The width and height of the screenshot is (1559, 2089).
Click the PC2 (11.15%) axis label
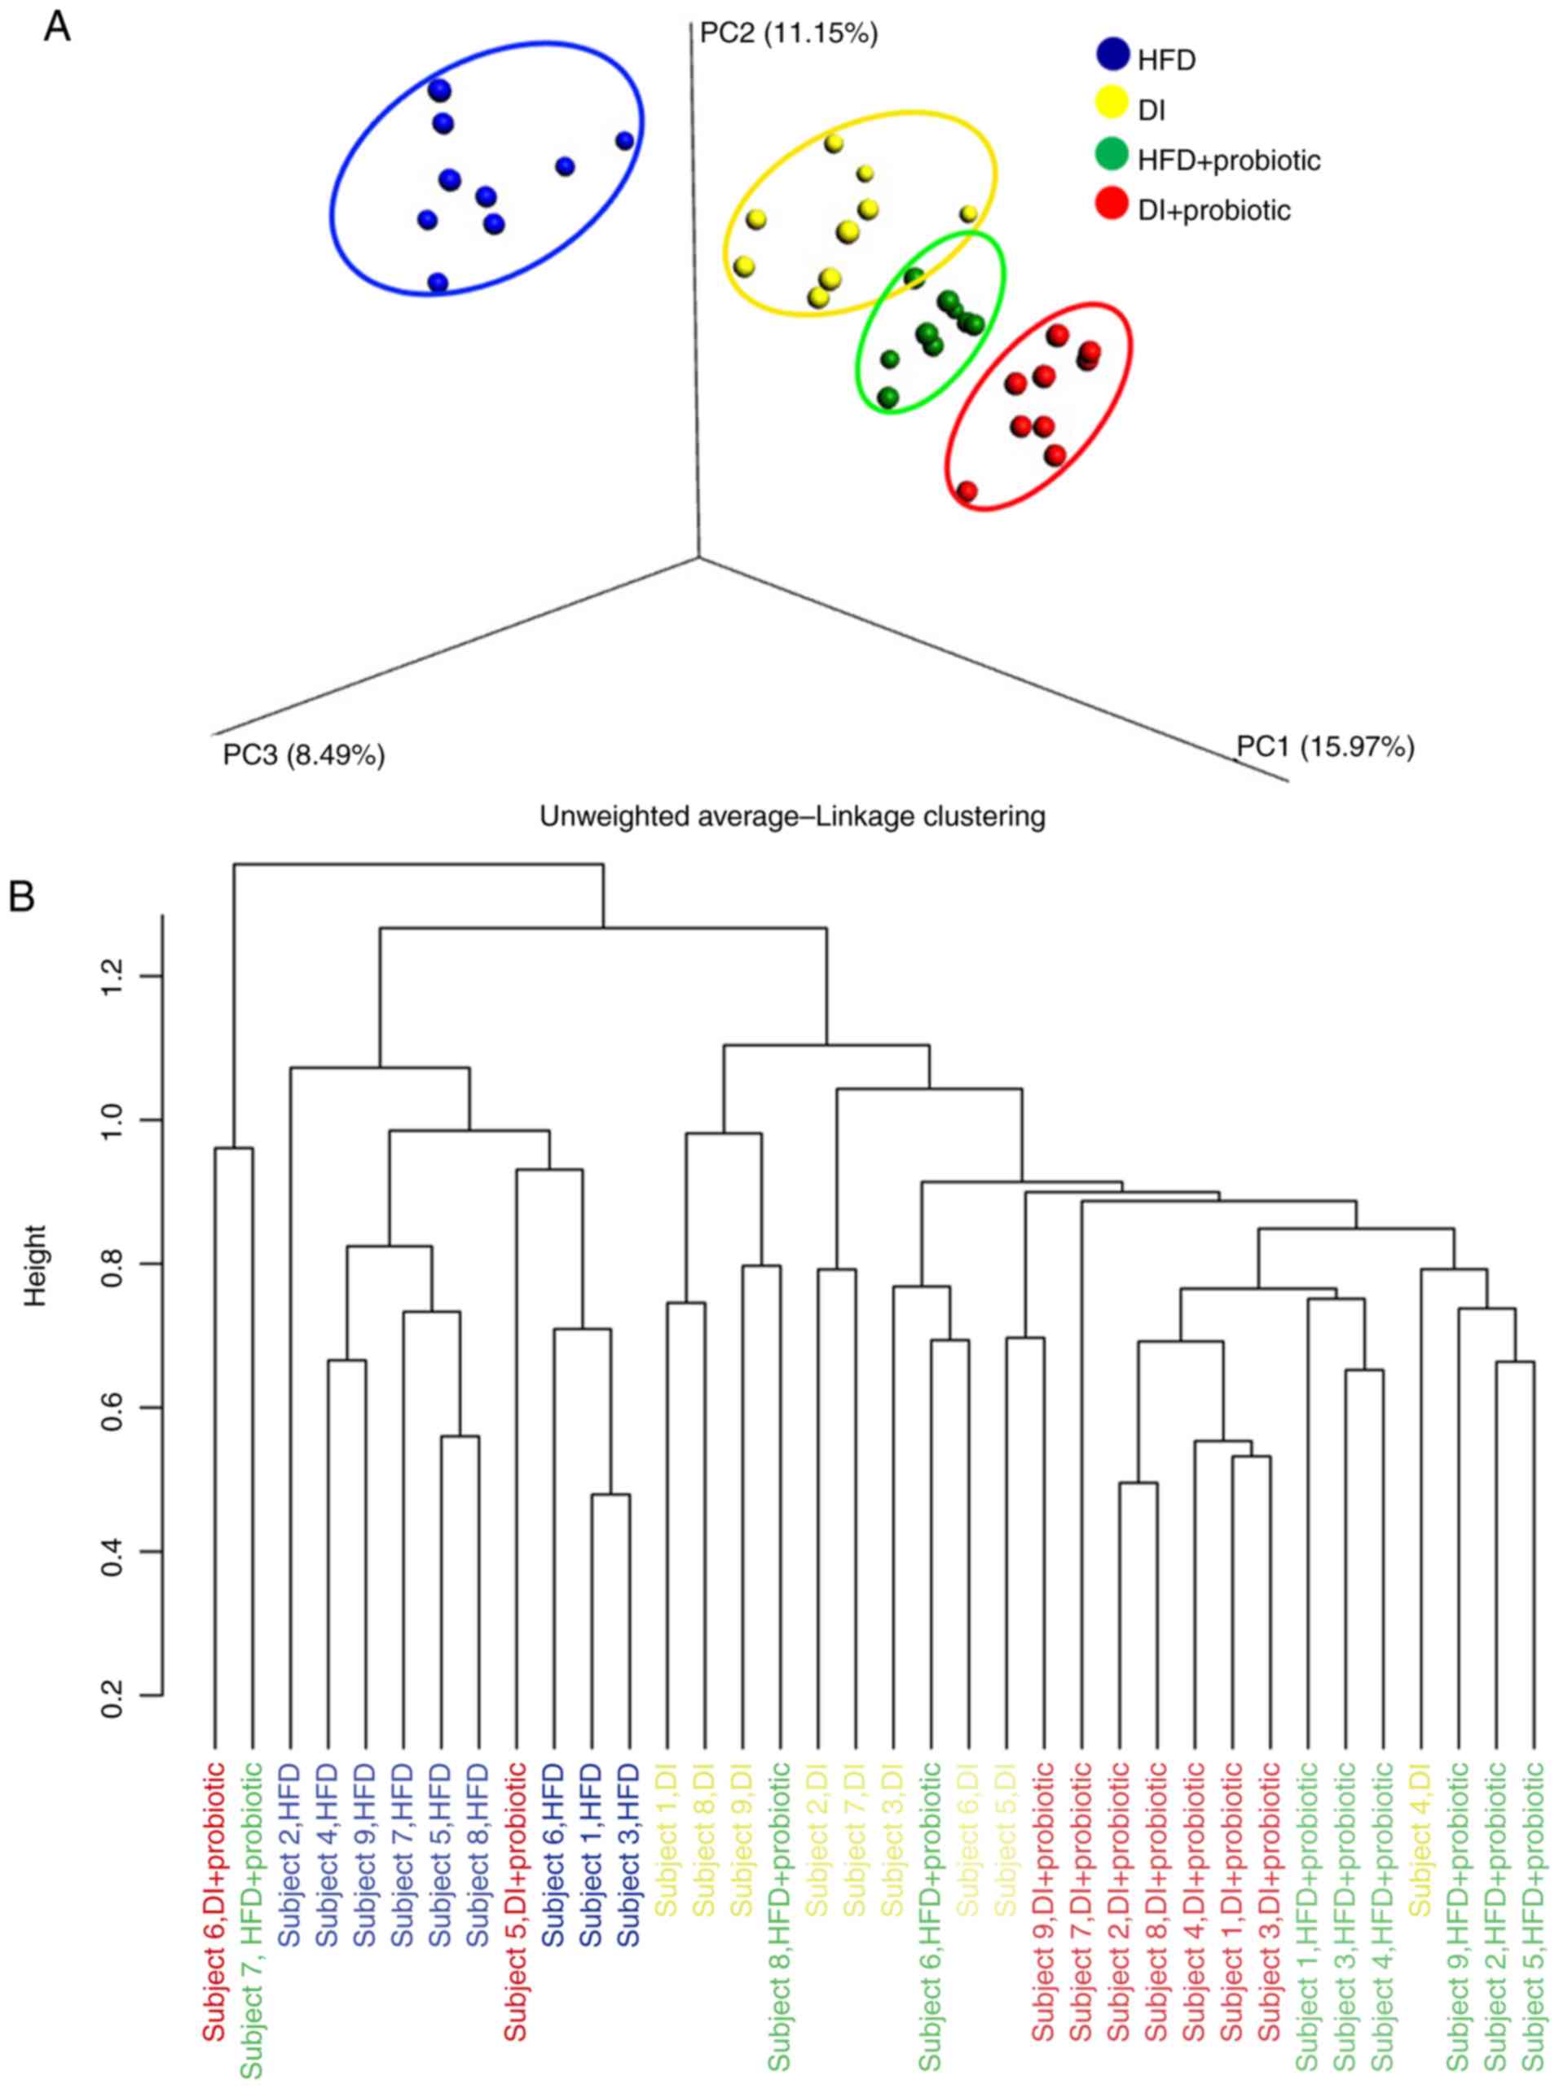tap(788, 35)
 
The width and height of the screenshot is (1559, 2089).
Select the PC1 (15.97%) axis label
tap(1325, 747)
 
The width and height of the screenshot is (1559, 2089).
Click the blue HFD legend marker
tap(1113, 54)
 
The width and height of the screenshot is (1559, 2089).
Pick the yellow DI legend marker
tap(1113, 103)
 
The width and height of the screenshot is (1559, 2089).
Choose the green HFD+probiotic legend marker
tap(1113, 154)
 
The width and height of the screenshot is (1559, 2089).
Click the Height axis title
tap(36, 1251)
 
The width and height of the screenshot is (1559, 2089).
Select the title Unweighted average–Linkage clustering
tap(792, 816)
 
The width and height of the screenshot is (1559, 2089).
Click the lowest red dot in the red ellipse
tap(967, 490)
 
